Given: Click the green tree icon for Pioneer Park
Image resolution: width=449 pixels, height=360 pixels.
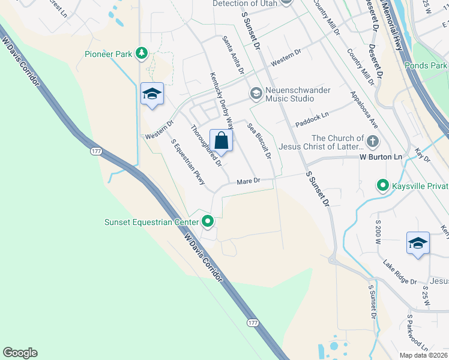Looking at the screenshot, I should [x=142, y=54].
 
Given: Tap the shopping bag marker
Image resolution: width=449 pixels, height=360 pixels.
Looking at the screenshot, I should [x=221, y=140].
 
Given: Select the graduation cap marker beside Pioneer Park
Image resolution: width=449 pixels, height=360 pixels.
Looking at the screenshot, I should [x=152, y=94].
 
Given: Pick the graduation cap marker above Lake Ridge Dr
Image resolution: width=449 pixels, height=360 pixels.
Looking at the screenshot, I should [x=418, y=243].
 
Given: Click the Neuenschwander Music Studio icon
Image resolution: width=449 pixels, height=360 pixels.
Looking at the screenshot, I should [x=256, y=92].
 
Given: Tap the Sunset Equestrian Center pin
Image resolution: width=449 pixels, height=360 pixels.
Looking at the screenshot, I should [x=208, y=222].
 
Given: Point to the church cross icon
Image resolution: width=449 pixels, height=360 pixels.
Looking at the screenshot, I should [x=373, y=142].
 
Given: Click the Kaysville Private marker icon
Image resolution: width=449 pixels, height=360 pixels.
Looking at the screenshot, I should [x=382, y=186].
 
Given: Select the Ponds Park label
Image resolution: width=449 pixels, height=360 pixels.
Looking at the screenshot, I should [x=426, y=65].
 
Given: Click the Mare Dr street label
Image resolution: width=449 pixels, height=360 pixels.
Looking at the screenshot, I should [x=248, y=181].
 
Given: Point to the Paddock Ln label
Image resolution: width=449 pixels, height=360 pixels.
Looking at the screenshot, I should [x=312, y=119].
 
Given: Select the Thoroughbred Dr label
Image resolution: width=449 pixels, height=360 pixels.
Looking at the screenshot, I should [x=206, y=145].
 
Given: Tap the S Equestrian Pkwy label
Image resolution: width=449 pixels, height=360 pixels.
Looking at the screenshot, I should [x=188, y=161].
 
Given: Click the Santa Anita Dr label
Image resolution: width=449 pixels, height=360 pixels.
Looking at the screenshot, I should [x=233, y=54].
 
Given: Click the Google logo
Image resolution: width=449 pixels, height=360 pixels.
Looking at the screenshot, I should [x=20, y=353].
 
